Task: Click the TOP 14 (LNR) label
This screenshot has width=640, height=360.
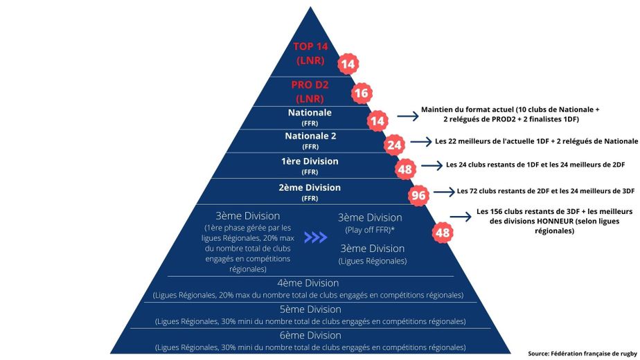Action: [310, 53]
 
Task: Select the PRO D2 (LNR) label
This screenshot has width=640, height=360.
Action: [310, 91]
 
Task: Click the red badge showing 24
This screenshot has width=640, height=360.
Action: [395, 145]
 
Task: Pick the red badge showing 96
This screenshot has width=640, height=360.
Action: [418, 196]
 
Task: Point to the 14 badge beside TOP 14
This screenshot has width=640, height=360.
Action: [347, 64]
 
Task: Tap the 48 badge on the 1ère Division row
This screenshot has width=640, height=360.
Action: [405, 169]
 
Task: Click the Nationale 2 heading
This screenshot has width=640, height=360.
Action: [310, 136]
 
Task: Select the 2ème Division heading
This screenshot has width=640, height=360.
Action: [310, 188]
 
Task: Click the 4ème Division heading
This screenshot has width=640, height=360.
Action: [308, 282]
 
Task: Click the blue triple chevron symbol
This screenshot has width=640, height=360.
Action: [316, 237]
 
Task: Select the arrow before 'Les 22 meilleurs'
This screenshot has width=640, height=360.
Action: [420, 141]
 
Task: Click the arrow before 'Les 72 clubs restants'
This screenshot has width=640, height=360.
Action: [443, 190]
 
